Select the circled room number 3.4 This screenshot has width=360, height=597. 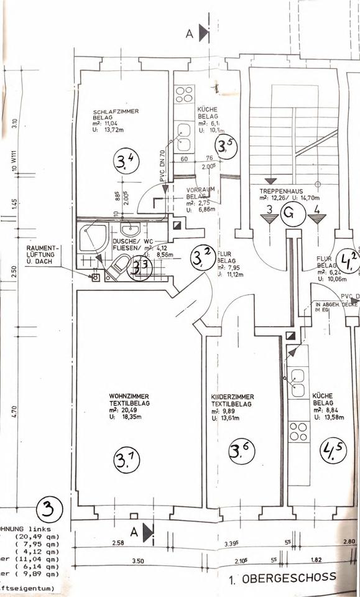click(x=126, y=164)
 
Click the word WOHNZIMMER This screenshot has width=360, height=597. click(x=129, y=396)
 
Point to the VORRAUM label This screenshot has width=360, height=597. click(x=200, y=189)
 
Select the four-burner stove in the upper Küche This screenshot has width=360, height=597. click(x=184, y=94)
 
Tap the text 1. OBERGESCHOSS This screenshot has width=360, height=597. click(x=282, y=577)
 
